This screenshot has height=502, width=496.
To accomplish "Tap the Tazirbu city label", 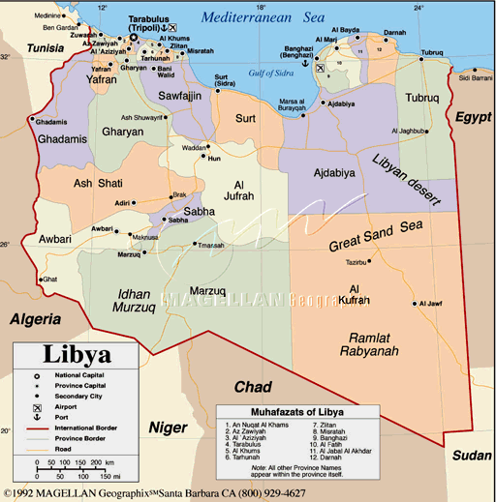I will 357,261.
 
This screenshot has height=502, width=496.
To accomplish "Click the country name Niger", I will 167,427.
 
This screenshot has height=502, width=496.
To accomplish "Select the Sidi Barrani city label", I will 476,77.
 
